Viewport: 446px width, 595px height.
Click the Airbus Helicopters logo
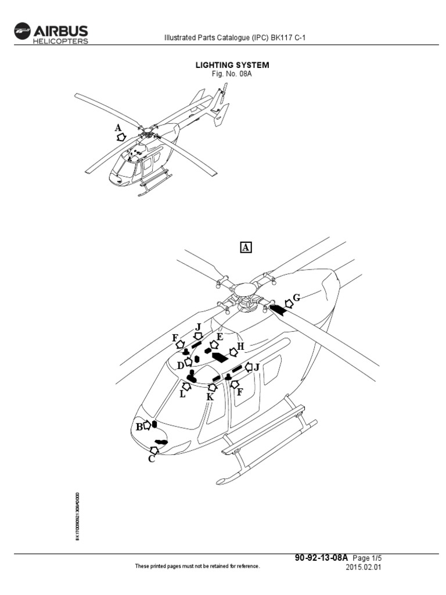(51, 33)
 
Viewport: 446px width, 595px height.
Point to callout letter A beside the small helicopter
(118, 127)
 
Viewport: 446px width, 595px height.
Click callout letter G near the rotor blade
(296, 297)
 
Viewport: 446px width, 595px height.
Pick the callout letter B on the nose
(139, 426)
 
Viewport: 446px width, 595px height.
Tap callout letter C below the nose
(152, 459)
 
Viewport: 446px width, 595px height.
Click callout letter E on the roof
(220, 336)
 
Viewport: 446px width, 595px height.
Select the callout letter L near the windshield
(182, 394)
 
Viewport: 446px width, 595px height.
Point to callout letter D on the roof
(181, 365)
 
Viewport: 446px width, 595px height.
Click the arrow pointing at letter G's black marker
(289, 303)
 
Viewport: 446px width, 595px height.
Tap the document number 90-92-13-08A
(321, 557)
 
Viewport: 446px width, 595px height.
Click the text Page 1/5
(365, 557)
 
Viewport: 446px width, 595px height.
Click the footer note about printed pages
(197, 566)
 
